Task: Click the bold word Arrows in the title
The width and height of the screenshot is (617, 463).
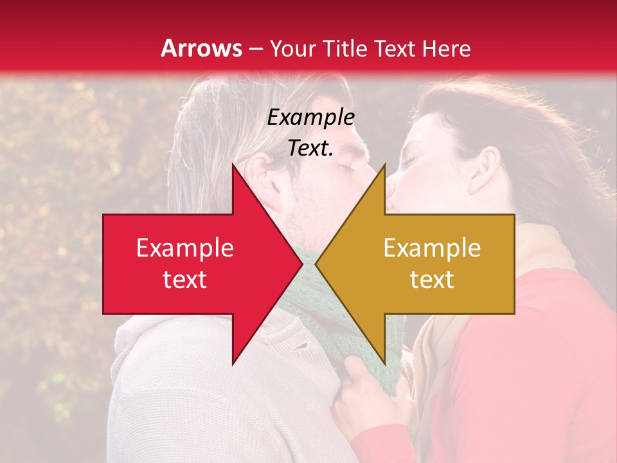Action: [202, 48]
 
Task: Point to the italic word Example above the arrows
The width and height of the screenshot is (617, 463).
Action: [310, 117]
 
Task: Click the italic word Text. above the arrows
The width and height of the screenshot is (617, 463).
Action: [310, 148]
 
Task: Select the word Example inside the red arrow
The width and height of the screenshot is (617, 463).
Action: [185, 248]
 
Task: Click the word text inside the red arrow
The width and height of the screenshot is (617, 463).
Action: [185, 280]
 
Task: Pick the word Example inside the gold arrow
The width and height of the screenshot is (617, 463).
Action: [432, 248]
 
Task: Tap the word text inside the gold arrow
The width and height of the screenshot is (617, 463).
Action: [432, 280]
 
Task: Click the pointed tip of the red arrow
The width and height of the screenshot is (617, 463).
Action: [302, 264]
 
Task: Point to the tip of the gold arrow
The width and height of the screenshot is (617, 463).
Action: [316, 264]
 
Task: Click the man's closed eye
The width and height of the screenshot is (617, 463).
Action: [347, 168]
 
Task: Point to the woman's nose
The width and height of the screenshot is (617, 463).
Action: [391, 188]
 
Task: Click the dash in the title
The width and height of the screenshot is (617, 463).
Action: [255, 49]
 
